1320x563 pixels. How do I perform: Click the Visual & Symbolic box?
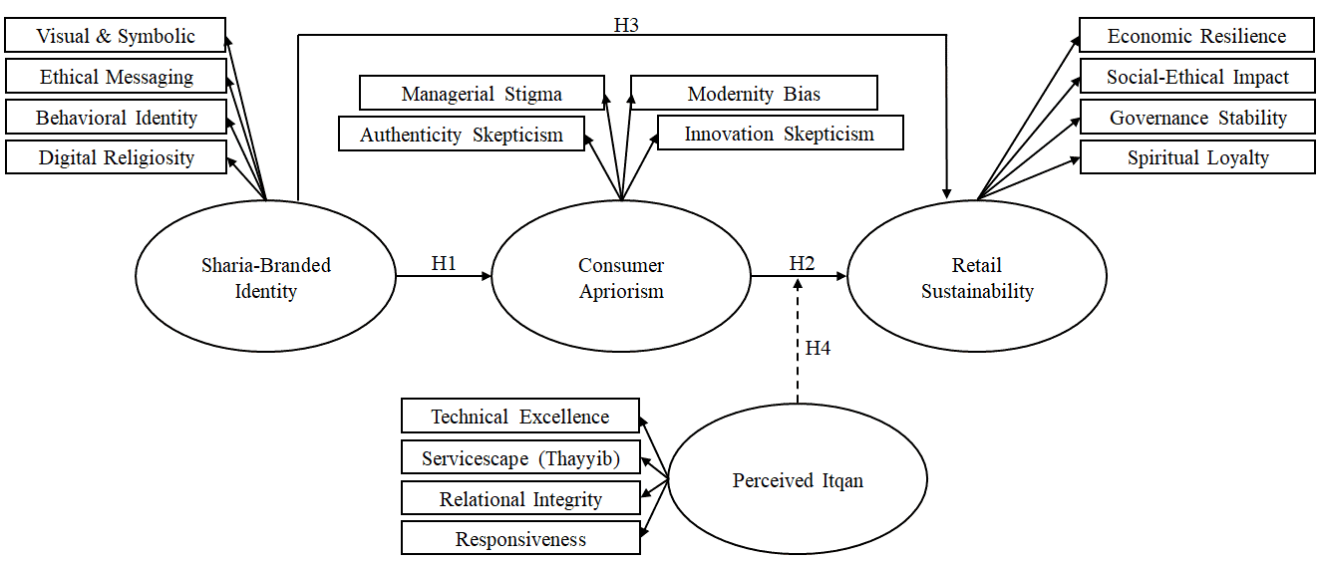click(x=116, y=35)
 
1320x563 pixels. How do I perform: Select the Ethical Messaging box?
click(x=116, y=76)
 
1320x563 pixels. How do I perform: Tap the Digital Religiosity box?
click(x=116, y=157)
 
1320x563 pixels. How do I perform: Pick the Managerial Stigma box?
click(x=482, y=93)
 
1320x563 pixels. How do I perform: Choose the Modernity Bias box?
click(x=754, y=93)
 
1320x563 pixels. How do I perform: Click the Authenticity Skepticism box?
click(x=462, y=134)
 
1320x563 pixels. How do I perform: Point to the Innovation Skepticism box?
click(x=781, y=134)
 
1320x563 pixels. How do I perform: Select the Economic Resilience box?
click(x=1196, y=35)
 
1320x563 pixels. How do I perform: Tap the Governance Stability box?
click(x=1197, y=117)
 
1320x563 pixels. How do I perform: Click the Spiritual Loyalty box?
click(x=1197, y=157)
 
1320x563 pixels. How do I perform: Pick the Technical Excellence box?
click(x=520, y=416)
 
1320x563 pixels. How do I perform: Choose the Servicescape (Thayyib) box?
click(x=520, y=457)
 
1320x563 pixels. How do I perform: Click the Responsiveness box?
click(x=520, y=538)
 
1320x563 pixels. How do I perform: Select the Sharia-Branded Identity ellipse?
click(x=266, y=276)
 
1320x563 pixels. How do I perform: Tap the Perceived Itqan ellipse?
click(x=798, y=478)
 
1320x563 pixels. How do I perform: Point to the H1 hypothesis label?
click(x=444, y=263)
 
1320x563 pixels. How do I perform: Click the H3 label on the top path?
click(x=626, y=25)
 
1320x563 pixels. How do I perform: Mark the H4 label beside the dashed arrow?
click(x=818, y=348)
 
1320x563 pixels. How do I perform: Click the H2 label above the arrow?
click(x=802, y=263)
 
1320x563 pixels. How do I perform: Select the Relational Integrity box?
click(x=520, y=498)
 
